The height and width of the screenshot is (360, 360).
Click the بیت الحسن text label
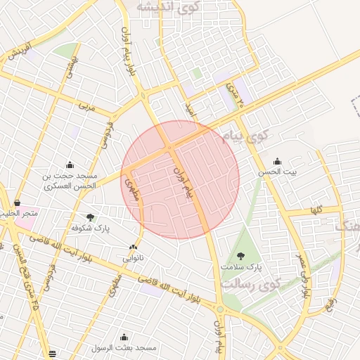click(x=277, y=172)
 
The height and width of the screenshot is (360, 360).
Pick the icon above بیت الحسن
click(x=277, y=161)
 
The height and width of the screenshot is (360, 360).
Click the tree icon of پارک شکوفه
click(x=90, y=217)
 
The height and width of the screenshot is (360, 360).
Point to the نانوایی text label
click(x=133, y=258)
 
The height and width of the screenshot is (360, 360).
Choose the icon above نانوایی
click(x=133, y=247)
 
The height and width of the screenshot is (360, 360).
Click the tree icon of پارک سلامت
click(x=241, y=257)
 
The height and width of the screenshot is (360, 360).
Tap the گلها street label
click(x=317, y=210)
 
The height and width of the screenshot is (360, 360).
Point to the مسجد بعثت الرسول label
click(x=127, y=348)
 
